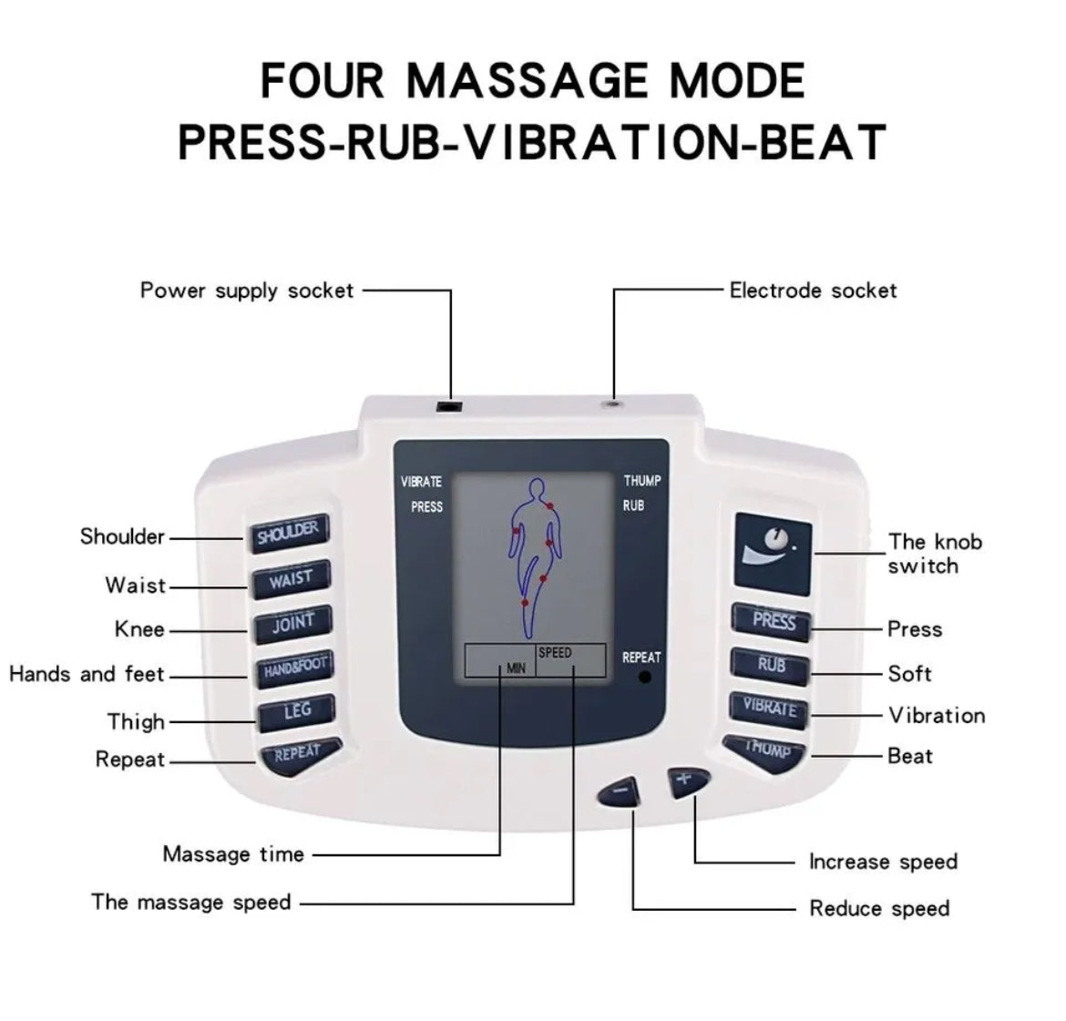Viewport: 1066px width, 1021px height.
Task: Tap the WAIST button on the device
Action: (x=292, y=580)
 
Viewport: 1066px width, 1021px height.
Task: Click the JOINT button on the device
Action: (x=293, y=623)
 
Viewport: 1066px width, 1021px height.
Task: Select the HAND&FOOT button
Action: (x=295, y=669)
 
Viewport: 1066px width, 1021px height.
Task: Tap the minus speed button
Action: (x=619, y=791)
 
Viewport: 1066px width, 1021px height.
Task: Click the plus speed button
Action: (x=688, y=781)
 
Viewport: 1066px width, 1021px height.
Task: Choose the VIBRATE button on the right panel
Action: (x=769, y=709)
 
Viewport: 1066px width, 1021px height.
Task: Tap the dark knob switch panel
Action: (x=773, y=554)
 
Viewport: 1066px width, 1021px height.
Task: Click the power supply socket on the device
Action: (x=448, y=406)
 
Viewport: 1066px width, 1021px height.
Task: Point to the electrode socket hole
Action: (x=614, y=403)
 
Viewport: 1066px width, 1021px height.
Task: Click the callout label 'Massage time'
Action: (x=233, y=853)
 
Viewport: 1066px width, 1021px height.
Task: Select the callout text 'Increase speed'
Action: (x=883, y=862)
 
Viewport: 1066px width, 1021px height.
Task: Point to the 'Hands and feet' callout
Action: (x=87, y=674)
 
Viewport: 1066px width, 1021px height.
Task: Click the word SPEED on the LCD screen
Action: (x=555, y=652)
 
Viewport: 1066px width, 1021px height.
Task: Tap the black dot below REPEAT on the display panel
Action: (x=645, y=677)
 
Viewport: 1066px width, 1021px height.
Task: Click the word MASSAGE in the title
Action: (x=528, y=81)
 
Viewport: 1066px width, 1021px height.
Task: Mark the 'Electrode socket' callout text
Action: (x=813, y=291)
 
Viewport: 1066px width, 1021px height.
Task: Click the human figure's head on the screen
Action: (x=537, y=488)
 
